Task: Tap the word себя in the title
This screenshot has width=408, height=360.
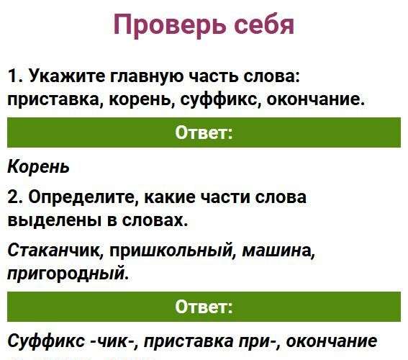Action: tap(264, 24)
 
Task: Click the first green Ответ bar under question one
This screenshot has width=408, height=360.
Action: tap(204, 132)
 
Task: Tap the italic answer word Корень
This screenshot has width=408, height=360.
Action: tap(39, 167)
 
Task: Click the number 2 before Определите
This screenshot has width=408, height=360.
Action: tap(13, 197)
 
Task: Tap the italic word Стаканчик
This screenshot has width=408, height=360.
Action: tap(55, 251)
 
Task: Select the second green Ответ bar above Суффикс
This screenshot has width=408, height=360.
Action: tap(204, 307)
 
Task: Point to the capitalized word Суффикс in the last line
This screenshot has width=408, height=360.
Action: tap(46, 341)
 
